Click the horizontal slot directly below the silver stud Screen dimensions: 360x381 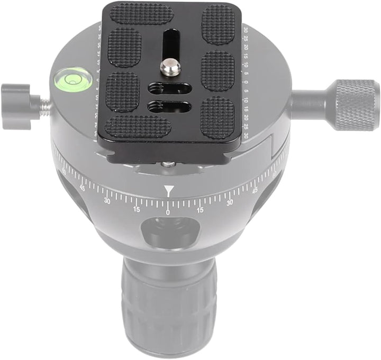169,88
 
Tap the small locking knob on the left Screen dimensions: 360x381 15,106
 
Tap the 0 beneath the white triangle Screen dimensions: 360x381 168,212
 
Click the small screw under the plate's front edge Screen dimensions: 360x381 168,164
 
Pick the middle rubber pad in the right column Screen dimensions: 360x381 217,70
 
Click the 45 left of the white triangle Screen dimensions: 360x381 83,187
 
